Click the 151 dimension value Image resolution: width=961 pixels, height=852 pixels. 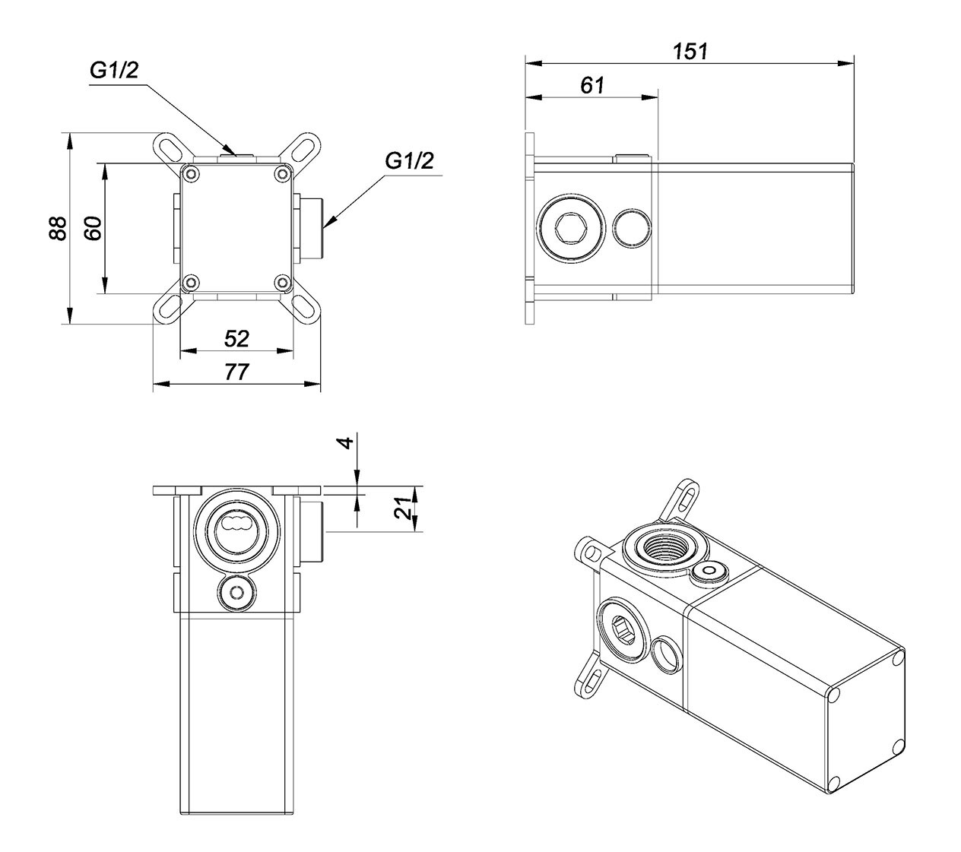pos(690,51)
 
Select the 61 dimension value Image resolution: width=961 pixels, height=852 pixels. pos(592,86)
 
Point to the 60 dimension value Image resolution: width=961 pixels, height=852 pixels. pos(93,229)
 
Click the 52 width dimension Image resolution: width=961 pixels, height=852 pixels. pos(237,339)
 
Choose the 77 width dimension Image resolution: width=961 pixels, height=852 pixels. pos(237,372)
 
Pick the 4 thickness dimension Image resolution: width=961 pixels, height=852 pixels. pos(347,442)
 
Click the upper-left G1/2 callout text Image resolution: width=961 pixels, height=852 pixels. pos(114,71)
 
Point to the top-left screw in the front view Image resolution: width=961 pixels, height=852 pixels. pos(190,174)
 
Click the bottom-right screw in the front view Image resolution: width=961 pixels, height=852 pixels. pos(283,283)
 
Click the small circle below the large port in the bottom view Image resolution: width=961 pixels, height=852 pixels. pos(237,592)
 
